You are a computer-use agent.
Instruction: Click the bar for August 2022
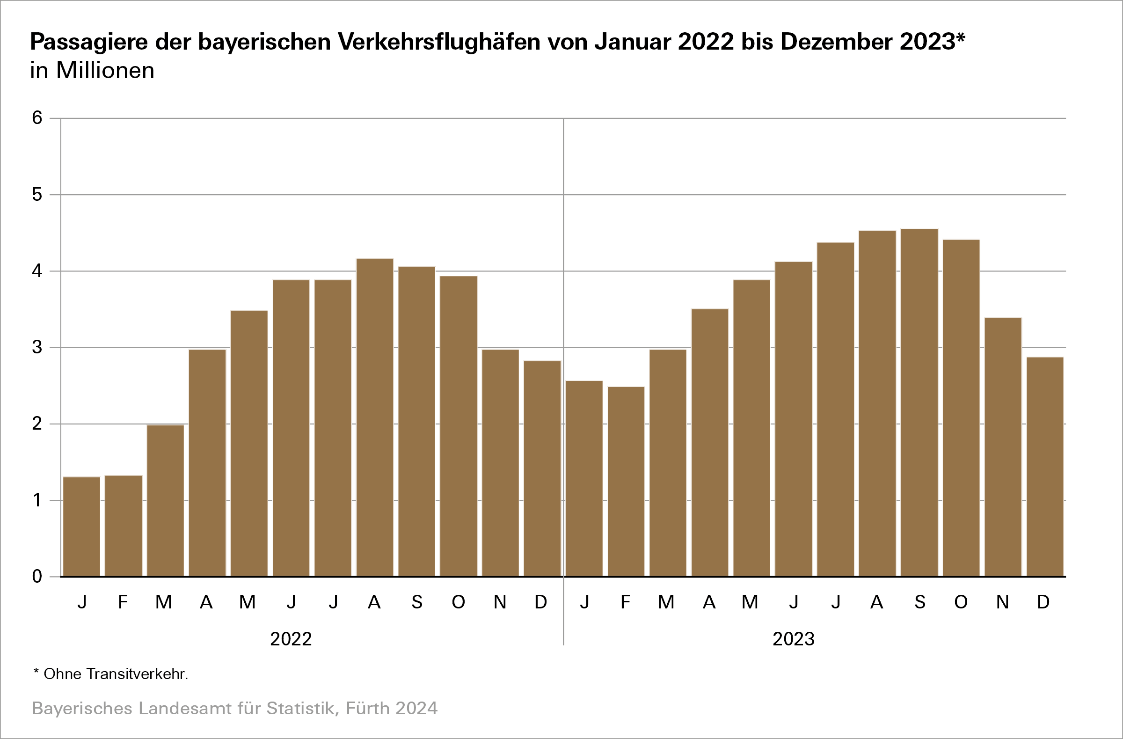(x=375, y=417)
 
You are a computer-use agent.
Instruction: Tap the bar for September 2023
(x=919, y=402)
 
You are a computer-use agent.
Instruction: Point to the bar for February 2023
(x=626, y=481)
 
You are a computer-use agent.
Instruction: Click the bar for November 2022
(x=500, y=462)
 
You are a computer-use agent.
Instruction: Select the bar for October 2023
(x=961, y=408)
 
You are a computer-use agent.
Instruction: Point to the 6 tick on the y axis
(x=37, y=118)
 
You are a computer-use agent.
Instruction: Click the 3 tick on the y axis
(x=37, y=348)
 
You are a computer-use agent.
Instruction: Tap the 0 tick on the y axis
(x=37, y=576)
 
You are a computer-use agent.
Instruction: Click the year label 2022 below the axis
(x=291, y=639)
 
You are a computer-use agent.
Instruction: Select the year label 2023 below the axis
(x=794, y=639)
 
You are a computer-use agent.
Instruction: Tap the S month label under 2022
(x=416, y=602)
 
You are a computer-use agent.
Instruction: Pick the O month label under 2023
(x=961, y=602)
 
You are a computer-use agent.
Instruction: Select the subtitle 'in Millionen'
(x=93, y=71)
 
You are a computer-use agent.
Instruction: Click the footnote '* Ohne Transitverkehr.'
(x=111, y=674)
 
